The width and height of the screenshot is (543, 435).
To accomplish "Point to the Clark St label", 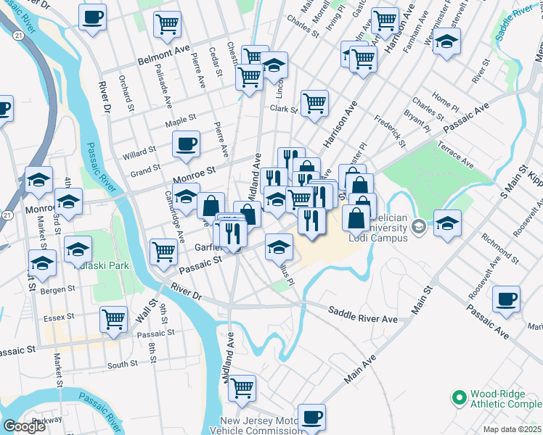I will pyautogui.click(x=284, y=109).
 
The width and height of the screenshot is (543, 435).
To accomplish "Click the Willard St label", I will pyautogui.click(x=139, y=152).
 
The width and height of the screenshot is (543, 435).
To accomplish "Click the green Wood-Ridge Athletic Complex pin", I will pyautogui.click(x=458, y=397).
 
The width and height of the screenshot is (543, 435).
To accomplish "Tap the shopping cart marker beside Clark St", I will pyautogui.click(x=314, y=103).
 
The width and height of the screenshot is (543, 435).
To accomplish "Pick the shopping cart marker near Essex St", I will pyautogui.click(x=113, y=319).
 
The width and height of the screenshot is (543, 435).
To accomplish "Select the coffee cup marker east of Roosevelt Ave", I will pyautogui.click(x=506, y=298).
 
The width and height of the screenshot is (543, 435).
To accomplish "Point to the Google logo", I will pyautogui.click(x=24, y=426).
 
